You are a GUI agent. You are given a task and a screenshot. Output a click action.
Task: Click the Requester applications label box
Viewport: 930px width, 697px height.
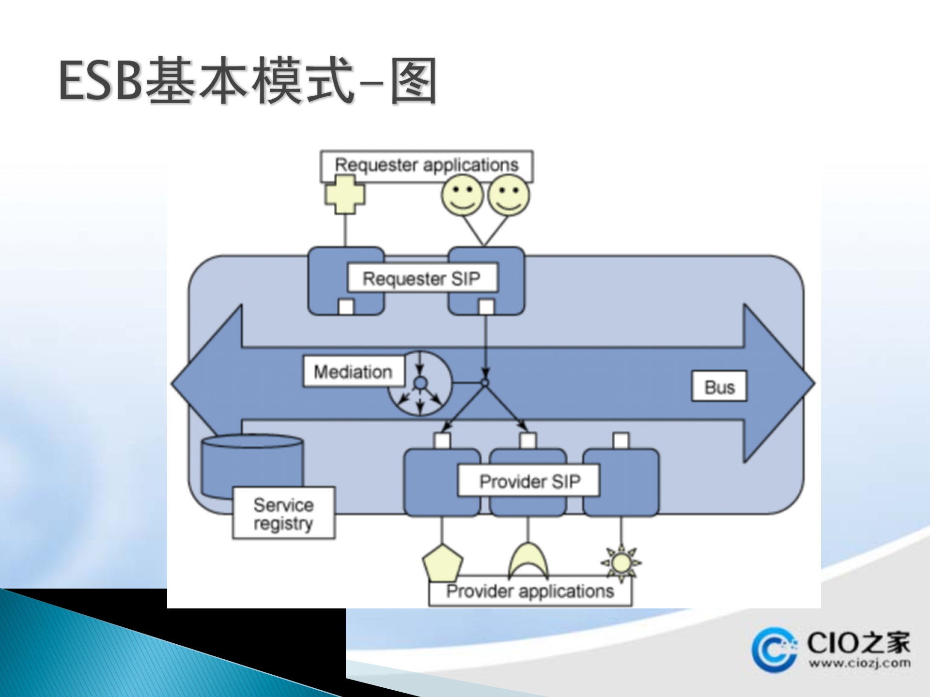(x=426, y=166)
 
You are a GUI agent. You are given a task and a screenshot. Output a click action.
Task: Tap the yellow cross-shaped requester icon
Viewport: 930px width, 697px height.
(x=345, y=195)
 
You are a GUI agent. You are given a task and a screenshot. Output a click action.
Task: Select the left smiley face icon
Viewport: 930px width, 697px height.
(x=462, y=196)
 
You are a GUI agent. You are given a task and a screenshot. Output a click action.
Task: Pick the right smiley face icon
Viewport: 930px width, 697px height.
(x=508, y=196)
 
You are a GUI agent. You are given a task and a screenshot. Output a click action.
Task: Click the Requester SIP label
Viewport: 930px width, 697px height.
(x=422, y=278)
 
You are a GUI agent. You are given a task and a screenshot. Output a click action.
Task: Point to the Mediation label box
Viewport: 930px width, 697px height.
(x=353, y=372)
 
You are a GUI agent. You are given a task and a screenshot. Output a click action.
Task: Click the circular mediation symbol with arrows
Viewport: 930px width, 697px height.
(x=420, y=383)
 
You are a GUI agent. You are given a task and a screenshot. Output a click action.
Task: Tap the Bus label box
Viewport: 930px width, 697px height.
(x=719, y=387)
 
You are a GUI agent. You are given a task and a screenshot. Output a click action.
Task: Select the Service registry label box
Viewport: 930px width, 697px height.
(x=283, y=514)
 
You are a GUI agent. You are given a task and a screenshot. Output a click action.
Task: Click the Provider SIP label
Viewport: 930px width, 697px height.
(x=529, y=481)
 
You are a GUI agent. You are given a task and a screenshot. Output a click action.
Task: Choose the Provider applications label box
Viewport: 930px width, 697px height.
(x=530, y=592)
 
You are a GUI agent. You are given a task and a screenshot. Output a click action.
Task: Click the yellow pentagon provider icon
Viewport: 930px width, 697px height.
(x=442, y=563)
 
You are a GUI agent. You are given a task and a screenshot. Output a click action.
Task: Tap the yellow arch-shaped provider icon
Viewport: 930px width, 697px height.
(x=528, y=561)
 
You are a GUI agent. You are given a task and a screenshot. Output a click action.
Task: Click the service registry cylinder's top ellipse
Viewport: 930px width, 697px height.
(x=252, y=441)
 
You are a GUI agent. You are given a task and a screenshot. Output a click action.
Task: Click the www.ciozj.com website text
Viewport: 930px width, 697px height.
(x=859, y=663)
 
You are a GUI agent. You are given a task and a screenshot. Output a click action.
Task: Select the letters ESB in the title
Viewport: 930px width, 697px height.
(x=101, y=81)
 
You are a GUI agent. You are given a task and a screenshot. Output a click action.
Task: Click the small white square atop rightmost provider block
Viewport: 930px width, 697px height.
(x=621, y=440)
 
